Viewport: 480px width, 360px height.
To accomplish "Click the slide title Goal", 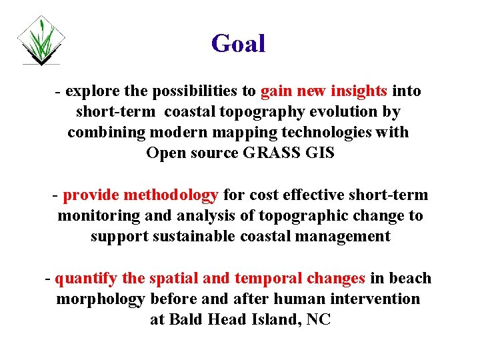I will click(x=238, y=44).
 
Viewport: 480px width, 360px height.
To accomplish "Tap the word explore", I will click(x=90, y=91).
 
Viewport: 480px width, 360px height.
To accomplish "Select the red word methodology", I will click(x=171, y=195).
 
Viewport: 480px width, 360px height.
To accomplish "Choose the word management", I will click(x=336, y=237).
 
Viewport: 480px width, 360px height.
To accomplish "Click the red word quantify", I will click(x=83, y=278).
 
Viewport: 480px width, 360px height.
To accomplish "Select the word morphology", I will click(x=100, y=299).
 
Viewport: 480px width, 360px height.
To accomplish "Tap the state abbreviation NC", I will click(x=319, y=319).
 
